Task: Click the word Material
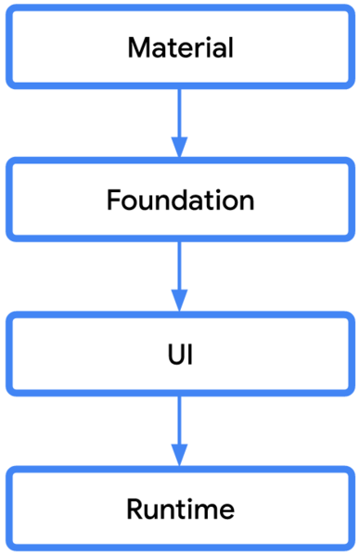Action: (180, 47)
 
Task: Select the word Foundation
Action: (180, 200)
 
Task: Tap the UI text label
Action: (180, 355)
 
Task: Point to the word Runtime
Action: (180, 509)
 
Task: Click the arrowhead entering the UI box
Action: (180, 301)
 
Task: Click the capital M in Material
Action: (138, 47)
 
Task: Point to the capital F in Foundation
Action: (113, 200)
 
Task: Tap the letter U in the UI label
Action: (174, 355)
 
